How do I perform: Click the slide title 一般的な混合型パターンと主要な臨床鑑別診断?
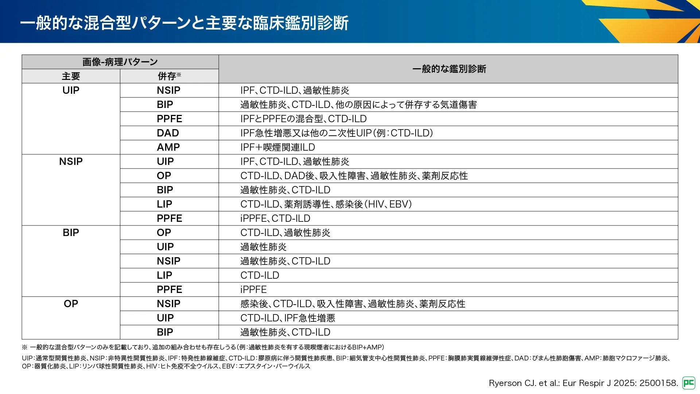[184, 23]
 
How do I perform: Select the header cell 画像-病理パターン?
[120, 62]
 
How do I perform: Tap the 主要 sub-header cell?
[71, 76]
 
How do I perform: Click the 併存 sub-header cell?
[169, 76]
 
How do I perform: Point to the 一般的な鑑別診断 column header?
[449, 69]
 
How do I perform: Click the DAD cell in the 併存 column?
[168, 133]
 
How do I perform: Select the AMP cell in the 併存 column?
[168, 147]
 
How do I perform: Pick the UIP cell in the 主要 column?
[71, 90]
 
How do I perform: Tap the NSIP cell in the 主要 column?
[71, 162]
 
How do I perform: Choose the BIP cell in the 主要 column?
[71, 233]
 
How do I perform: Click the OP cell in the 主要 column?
[71, 304]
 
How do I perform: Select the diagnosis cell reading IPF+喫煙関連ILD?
[277, 147]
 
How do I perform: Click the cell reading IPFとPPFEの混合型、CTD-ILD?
[303, 119]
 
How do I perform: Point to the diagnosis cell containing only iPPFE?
[253, 290]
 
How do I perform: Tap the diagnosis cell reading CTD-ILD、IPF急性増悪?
[288, 318]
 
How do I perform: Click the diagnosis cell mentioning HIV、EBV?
[326, 204]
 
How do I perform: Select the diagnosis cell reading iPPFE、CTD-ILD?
[275, 219]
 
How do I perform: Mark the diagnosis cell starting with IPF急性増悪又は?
[337, 133]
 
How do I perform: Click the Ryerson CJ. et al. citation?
[583, 383]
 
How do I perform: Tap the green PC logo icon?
[688, 383]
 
